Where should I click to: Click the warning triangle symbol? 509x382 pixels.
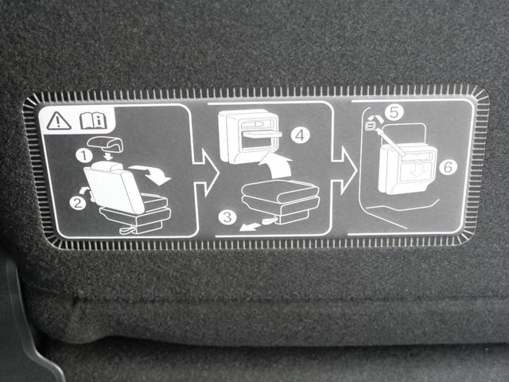(x=58, y=121)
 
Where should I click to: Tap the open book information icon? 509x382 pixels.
(x=93, y=120)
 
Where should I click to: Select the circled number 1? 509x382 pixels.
(x=84, y=155)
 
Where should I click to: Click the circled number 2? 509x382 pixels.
(x=78, y=203)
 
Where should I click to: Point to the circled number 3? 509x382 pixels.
(x=227, y=217)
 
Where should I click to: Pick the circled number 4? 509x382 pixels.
(x=300, y=134)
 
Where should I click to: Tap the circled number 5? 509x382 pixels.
(x=394, y=111)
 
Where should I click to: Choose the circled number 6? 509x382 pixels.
(x=448, y=167)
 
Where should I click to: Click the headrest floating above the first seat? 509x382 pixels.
(x=106, y=144)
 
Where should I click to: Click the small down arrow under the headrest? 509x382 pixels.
(x=108, y=156)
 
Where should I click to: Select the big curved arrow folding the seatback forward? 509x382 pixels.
(x=152, y=174)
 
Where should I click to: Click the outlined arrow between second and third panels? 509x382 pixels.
(x=344, y=170)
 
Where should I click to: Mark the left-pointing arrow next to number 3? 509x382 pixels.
(x=250, y=226)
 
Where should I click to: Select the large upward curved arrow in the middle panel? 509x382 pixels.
(x=276, y=165)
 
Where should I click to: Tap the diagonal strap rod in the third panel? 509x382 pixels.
(x=390, y=142)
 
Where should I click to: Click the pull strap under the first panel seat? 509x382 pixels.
(x=127, y=230)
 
